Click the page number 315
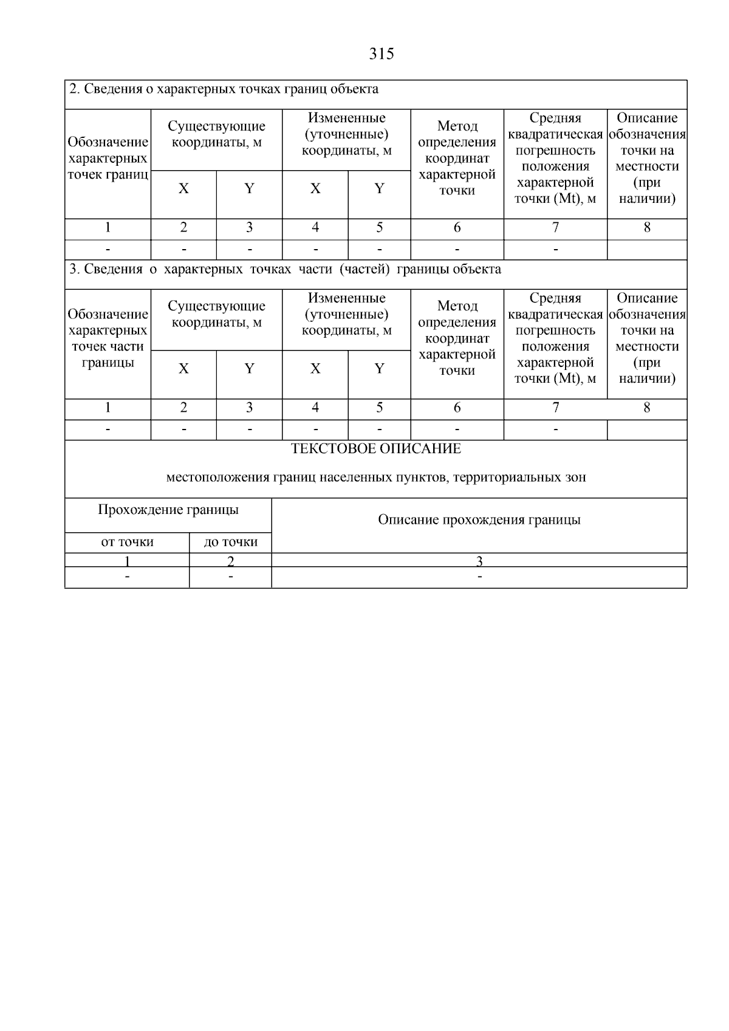click(382, 54)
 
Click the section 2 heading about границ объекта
click(224, 89)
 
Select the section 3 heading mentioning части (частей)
click(285, 269)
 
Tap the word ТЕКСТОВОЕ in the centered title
click(333, 449)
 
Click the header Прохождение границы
click(168, 510)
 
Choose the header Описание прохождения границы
click(479, 520)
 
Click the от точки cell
click(127, 542)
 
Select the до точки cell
click(230, 542)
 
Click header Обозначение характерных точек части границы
click(108, 338)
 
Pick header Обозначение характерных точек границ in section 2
click(108, 159)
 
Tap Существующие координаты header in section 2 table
click(216, 134)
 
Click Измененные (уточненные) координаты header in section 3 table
click(346, 314)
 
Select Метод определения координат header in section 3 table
click(457, 338)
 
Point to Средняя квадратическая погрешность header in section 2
click(555, 159)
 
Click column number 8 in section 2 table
click(647, 228)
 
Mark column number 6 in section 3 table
click(457, 408)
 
